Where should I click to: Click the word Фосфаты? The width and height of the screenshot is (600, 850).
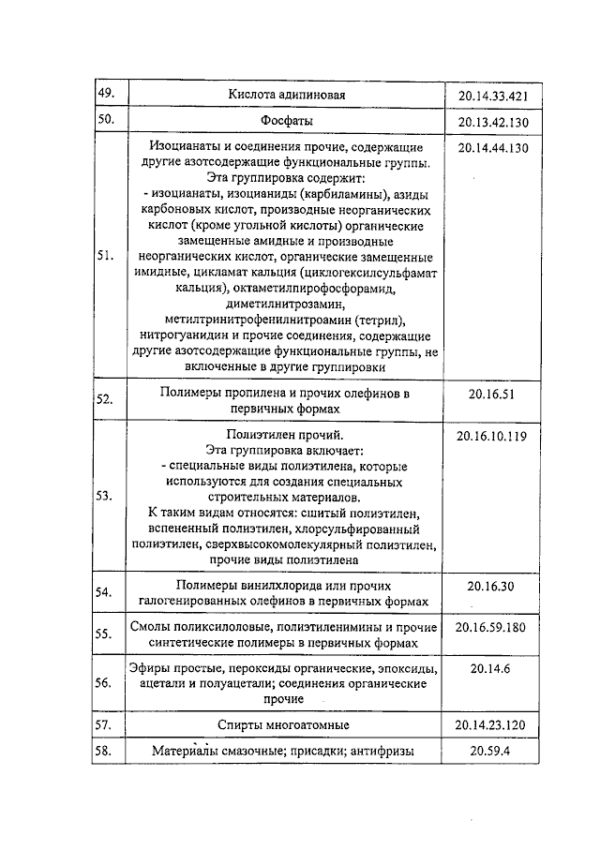(x=287, y=121)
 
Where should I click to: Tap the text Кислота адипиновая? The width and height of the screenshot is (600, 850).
(x=287, y=96)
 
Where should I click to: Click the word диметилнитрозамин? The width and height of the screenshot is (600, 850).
(x=285, y=303)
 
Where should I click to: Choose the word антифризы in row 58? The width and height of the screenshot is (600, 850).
(x=382, y=752)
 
